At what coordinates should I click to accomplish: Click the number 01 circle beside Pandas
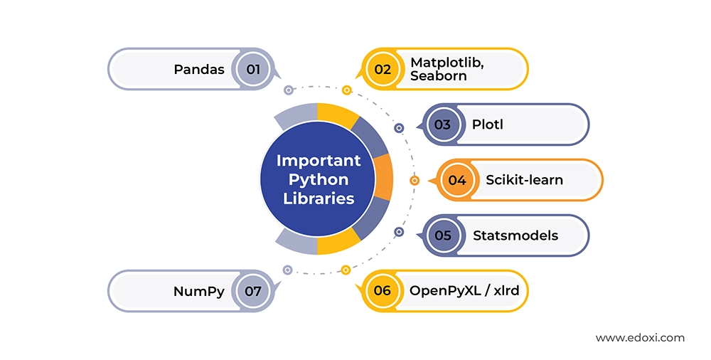click(x=253, y=69)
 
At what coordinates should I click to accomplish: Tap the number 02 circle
click(x=383, y=69)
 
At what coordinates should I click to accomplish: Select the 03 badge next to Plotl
click(x=442, y=125)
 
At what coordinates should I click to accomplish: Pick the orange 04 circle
click(x=456, y=180)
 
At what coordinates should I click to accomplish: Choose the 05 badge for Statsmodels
click(x=442, y=235)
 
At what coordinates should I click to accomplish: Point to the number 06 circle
click(x=383, y=290)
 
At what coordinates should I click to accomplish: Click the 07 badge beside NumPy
click(x=253, y=291)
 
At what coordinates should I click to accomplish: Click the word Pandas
click(x=199, y=70)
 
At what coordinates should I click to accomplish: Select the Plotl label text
click(x=487, y=125)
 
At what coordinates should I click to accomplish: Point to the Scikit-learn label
click(x=524, y=180)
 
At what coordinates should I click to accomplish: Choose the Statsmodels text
click(x=515, y=235)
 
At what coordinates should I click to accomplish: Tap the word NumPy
click(x=199, y=291)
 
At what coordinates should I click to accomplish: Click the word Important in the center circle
click(x=319, y=160)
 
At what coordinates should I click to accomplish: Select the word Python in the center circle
click(x=319, y=179)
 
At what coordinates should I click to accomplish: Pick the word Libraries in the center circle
click(x=319, y=198)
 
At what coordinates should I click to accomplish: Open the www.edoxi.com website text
click(x=640, y=337)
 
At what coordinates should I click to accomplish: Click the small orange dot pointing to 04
click(x=415, y=181)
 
